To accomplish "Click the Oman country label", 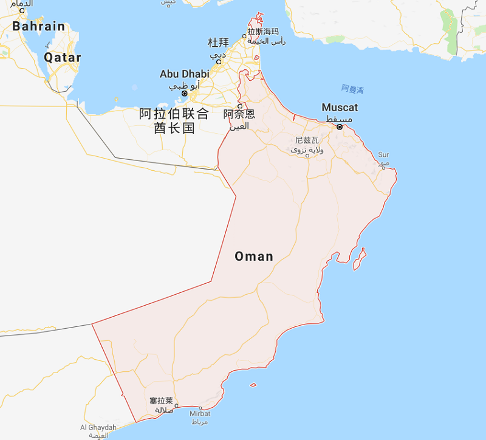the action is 254,256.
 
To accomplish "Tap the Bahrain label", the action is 39,26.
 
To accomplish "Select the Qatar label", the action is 63,58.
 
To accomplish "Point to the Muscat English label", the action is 340,108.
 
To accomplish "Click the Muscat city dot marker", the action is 340,127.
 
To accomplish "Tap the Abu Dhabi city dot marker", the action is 184,94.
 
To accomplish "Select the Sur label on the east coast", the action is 383,155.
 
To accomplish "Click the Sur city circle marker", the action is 384,168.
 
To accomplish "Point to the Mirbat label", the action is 199,413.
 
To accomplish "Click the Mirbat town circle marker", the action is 200,408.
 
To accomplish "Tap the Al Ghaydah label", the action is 98,427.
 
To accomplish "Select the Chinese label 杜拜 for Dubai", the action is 218,43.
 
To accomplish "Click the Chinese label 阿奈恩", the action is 239,114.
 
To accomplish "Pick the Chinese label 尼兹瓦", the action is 307,140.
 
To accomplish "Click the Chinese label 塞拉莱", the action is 162,400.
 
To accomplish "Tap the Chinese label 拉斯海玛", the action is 263,32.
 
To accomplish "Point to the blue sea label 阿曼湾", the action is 352,89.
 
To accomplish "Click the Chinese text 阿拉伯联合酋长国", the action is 174,120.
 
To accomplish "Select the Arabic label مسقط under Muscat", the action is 338,119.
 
